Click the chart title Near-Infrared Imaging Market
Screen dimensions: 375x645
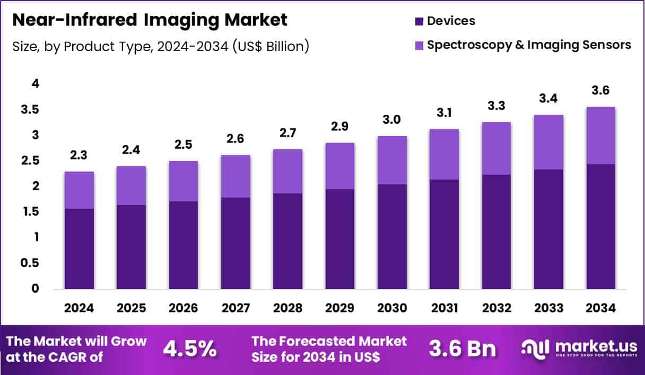click(x=150, y=20)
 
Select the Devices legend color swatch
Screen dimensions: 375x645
click(x=419, y=21)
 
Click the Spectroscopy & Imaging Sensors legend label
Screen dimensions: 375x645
click(x=529, y=45)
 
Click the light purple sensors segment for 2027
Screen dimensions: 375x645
click(x=236, y=176)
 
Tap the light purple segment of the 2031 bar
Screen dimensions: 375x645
click(x=444, y=154)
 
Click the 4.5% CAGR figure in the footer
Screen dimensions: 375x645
click(x=190, y=349)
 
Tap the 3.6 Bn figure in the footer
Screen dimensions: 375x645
click(x=462, y=349)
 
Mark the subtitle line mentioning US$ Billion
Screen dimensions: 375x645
click(x=160, y=46)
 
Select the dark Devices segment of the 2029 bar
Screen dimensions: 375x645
click(x=339, y=239)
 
